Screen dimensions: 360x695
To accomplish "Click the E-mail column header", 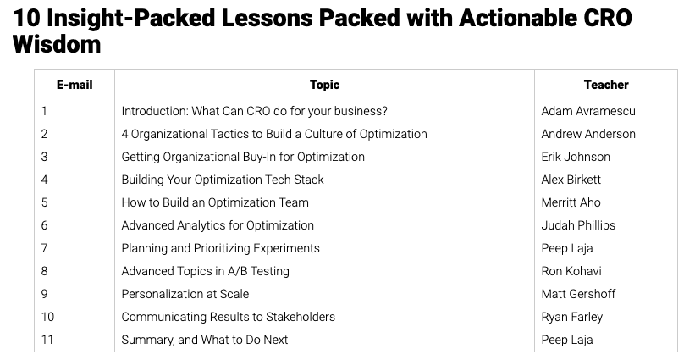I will point(74,85).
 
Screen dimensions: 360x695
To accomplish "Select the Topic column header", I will point(324,85).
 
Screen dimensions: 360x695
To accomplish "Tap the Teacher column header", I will point(606,85).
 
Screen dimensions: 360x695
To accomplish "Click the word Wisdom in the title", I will point(57,44).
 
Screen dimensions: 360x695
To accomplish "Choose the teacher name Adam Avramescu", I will point(588,111).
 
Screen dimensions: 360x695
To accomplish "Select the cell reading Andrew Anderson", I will point(588,134).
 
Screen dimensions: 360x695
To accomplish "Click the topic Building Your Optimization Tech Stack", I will point(223,180).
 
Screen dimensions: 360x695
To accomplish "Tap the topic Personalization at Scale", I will point(185,294).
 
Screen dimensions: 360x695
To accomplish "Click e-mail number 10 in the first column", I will point(47,317).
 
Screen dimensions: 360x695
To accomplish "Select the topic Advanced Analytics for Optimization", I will point(218,225).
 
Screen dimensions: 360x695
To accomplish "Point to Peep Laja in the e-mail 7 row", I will point(567,248).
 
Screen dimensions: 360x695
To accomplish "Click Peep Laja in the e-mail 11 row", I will point(567,340).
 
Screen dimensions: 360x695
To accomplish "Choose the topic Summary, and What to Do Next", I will point(205,340).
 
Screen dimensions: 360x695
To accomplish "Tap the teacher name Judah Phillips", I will point(578,225).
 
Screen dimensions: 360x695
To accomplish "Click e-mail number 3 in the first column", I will point(44,157).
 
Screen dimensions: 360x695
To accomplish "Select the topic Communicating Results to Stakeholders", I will point(229,317).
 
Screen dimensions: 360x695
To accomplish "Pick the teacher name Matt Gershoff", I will point(578,294).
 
